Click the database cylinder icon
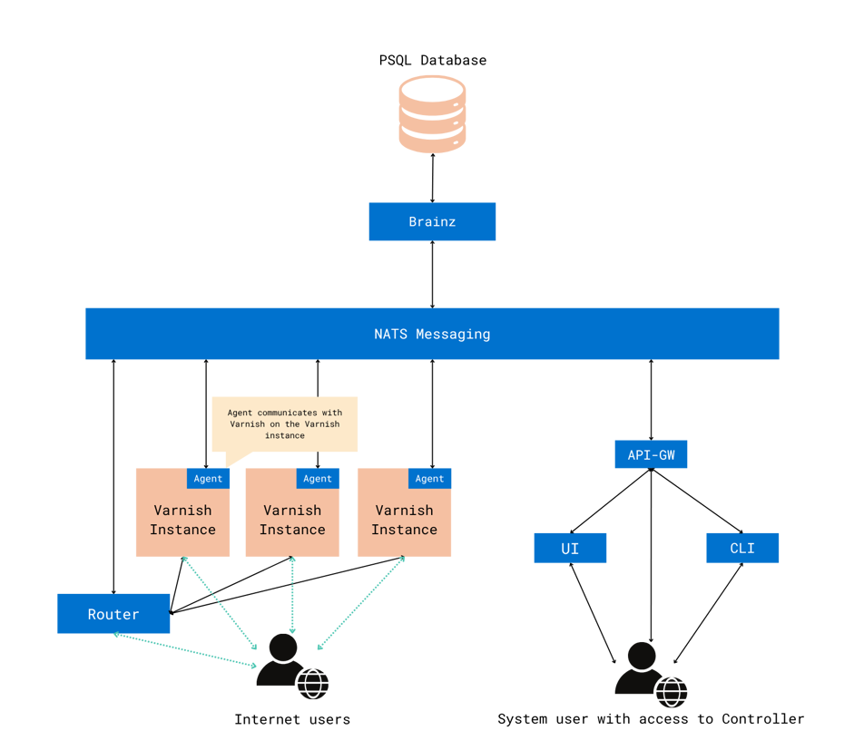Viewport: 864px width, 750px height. pos(432,113)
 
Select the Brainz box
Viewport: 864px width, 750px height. pos(432,221)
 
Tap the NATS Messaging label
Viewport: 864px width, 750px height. pos(432,334)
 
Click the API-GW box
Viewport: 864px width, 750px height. pos(651,454)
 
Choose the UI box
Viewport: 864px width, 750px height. pos(570,549)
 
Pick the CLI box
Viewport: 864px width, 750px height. pos(742,549)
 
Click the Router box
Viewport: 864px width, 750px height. pos(113,614)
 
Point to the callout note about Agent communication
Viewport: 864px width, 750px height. pos(285,424)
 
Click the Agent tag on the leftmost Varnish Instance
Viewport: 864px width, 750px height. pos(209,478)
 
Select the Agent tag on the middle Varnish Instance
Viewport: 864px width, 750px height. pos(318,478)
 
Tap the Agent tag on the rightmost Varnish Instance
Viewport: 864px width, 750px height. pos(429,478)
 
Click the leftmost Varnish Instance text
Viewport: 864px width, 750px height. pos(182,521)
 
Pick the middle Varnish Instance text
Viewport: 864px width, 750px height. pos(292,521)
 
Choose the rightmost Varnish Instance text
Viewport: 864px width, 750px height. pos(404,521)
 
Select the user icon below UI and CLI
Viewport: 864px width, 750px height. pos(647,673)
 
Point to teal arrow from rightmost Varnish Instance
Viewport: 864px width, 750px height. pos(362,603)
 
